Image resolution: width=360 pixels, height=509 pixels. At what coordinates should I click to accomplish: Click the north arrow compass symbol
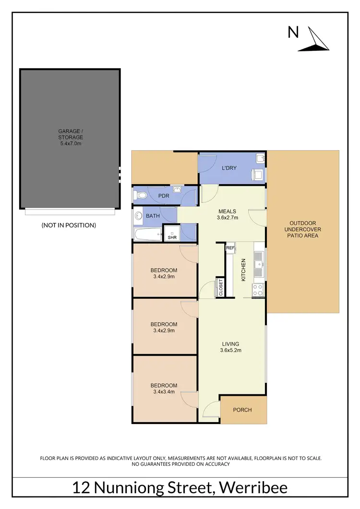pos(314,40)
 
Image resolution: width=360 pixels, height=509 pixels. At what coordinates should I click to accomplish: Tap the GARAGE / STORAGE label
pos(71,137)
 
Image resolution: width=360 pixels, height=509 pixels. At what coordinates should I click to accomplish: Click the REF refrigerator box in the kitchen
pos(230,248)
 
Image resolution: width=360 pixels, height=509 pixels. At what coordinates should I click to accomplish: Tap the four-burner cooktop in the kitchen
pos(258,289)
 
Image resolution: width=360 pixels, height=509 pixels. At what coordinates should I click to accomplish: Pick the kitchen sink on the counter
pos(259,264)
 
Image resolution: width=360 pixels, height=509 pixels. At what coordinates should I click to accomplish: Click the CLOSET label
pos(221,288)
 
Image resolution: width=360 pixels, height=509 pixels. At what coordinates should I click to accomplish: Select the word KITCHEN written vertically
pos(243,269)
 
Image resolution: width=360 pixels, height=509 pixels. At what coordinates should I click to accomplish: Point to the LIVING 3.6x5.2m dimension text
pos(230,350)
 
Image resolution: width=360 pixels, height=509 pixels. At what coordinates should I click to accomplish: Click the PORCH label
pos(242,410)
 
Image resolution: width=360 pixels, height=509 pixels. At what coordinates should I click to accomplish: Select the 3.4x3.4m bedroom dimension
pos(164,391)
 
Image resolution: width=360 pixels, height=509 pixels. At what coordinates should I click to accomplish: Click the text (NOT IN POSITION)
pos(69,225)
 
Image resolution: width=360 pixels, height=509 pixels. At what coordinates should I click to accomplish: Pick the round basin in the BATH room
pos(138,216)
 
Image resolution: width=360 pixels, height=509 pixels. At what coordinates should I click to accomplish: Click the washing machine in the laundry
pos(258,175)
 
